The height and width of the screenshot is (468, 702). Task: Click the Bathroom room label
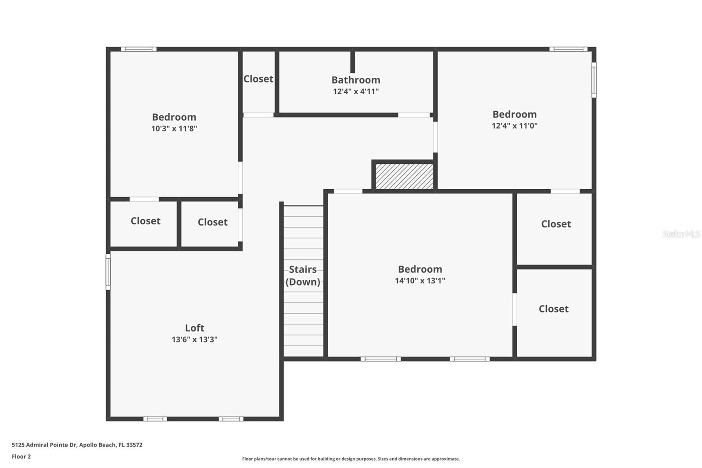[x=355, y=80]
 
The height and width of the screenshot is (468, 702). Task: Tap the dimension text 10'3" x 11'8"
[x=174, y=129]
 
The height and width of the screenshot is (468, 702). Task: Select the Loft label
[x=194, y=328]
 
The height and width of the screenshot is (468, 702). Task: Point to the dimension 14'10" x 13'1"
[x=420, y=281]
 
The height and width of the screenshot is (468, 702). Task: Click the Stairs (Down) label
[x=303, y=275]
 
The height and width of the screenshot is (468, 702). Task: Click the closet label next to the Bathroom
[x=258, y=79]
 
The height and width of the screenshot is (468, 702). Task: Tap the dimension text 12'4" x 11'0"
[x=514, y=126]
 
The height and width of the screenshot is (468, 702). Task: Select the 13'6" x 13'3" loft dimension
[x=194, y=339]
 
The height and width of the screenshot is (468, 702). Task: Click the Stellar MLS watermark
[x=681, y=234]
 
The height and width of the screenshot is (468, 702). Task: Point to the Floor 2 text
[x=21, y=457]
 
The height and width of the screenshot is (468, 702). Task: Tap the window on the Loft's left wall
[x=108, y=272]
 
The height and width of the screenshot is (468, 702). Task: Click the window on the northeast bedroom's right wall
[x=594, y=79]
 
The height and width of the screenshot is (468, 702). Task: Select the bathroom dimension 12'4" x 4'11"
[x=355, y=91]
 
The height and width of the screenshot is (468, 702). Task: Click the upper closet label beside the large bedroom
[x=555, y=224]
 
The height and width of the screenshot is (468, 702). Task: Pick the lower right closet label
[x=553, y=309]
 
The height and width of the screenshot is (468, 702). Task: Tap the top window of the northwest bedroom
[x=138, y=49]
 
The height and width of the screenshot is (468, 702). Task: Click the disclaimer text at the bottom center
[x=351, y=459]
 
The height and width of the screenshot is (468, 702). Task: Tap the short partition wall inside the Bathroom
[x=352, y=62]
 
